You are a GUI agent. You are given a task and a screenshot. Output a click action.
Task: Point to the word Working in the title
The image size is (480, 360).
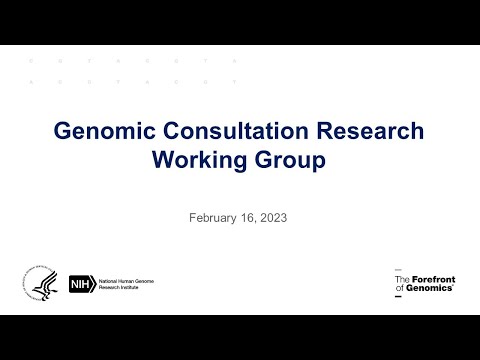(197, 159)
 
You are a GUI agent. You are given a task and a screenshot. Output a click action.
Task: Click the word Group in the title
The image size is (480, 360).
(291, 159)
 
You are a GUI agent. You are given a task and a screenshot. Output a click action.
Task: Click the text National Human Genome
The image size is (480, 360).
(125, 281)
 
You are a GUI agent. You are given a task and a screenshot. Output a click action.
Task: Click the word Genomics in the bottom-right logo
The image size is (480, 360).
(430, 288)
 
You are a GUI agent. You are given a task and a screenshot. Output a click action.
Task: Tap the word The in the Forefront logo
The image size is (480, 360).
(403, 279)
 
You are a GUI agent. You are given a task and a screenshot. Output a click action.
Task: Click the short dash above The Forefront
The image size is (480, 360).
(398, 270)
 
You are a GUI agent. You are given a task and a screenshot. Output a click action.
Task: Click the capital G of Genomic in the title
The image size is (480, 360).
(62, 132)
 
